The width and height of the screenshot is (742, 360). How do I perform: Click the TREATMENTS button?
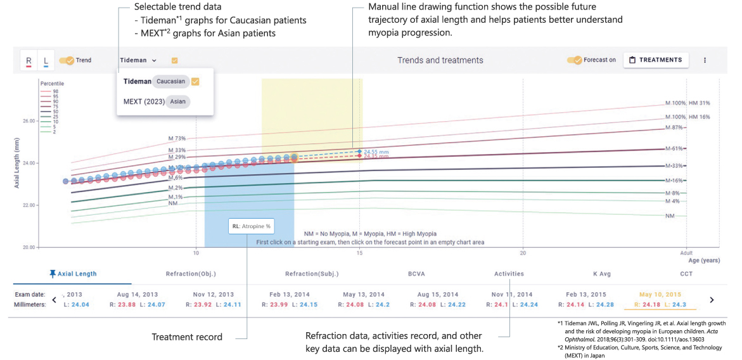(656, 60)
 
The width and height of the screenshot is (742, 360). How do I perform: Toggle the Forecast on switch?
(574, 60)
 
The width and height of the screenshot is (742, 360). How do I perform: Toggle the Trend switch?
(66, 61)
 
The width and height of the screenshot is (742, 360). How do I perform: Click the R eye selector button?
(29, 61)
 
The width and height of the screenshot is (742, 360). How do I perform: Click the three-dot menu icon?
(705, 60)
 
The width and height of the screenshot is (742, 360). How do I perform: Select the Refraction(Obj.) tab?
(191, 274)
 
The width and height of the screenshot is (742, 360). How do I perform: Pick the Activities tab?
(509, 274)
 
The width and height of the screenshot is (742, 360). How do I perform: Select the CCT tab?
(686, 274)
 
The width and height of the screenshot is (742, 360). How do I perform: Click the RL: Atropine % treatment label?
(251, 226)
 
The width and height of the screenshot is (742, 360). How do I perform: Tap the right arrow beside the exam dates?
(712, 300)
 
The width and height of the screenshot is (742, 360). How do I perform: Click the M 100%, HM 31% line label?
(688, 103)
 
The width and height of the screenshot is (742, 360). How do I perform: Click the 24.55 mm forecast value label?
(376, 151)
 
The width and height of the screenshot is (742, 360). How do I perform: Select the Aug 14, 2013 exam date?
(137, 295)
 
